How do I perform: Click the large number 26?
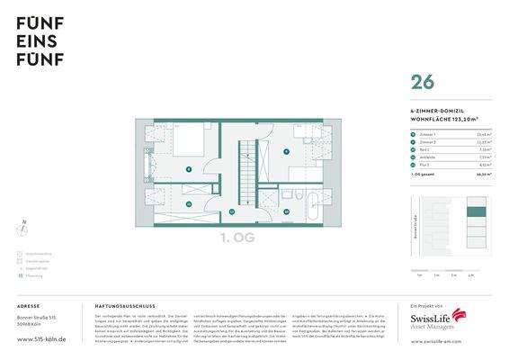point(422,82)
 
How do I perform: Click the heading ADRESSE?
point(29,307)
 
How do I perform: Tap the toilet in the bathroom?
point(287,194)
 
